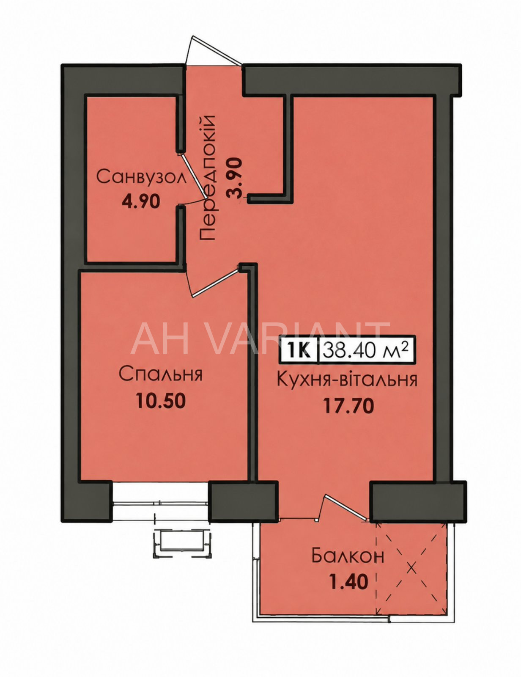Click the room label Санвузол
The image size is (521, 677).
(x=142, y=177)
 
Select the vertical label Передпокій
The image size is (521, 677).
(x=207, y=178)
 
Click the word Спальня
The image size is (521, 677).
(x=161, y=374)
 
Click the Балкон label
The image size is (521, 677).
(x=348, y=556)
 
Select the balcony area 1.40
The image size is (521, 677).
(x=349, y=581)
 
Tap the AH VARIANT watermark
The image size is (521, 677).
(x=261, y=338)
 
